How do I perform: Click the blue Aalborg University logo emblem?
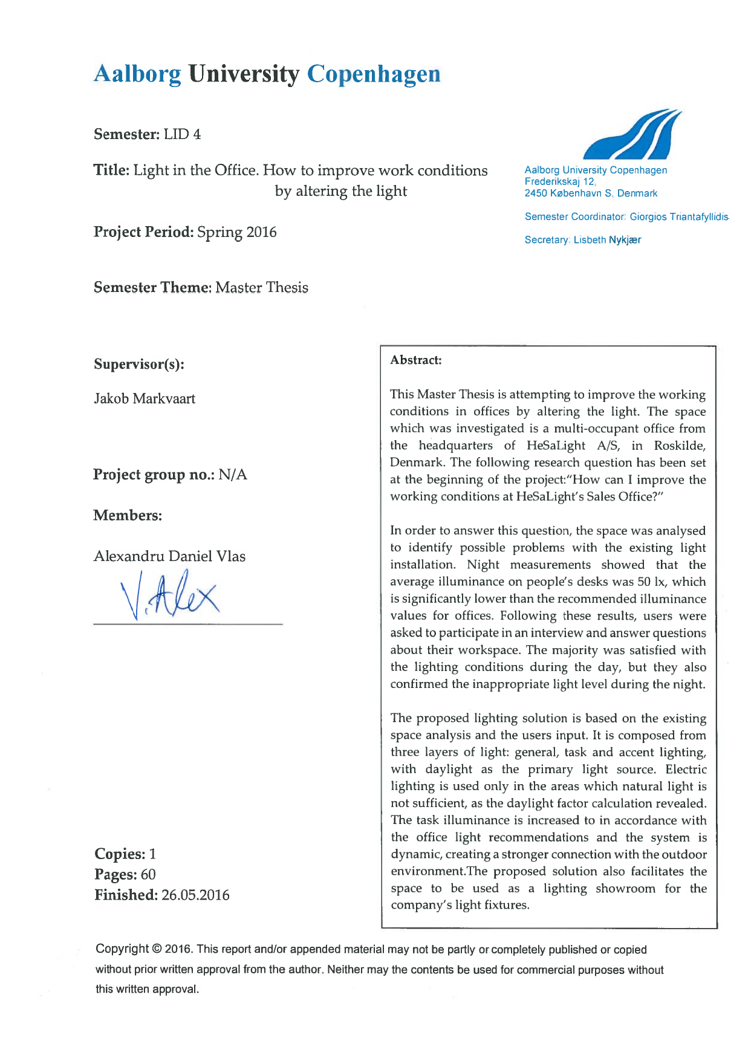tap(632, 134)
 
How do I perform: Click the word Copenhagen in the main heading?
tap(374, 74)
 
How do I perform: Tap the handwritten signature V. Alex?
tap(170, 595)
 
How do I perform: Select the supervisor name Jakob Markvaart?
tap(145, 399)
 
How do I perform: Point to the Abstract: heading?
tap(416, 360)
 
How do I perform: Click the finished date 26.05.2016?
tap(195, 895)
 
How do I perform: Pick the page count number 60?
tap(148, 875)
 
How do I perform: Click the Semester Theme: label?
tap(152, 288)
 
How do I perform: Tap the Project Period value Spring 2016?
tap(237, 232)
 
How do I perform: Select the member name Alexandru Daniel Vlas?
tap(169, 556)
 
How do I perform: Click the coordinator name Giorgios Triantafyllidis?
tap(679, 216)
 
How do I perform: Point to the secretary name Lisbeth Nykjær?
tap(607, 240)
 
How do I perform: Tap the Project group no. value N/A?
tap(233, 475)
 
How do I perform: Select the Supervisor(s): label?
tap(139, 364)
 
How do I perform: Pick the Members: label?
tap(128, 516)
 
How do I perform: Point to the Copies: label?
tap(120, 854)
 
